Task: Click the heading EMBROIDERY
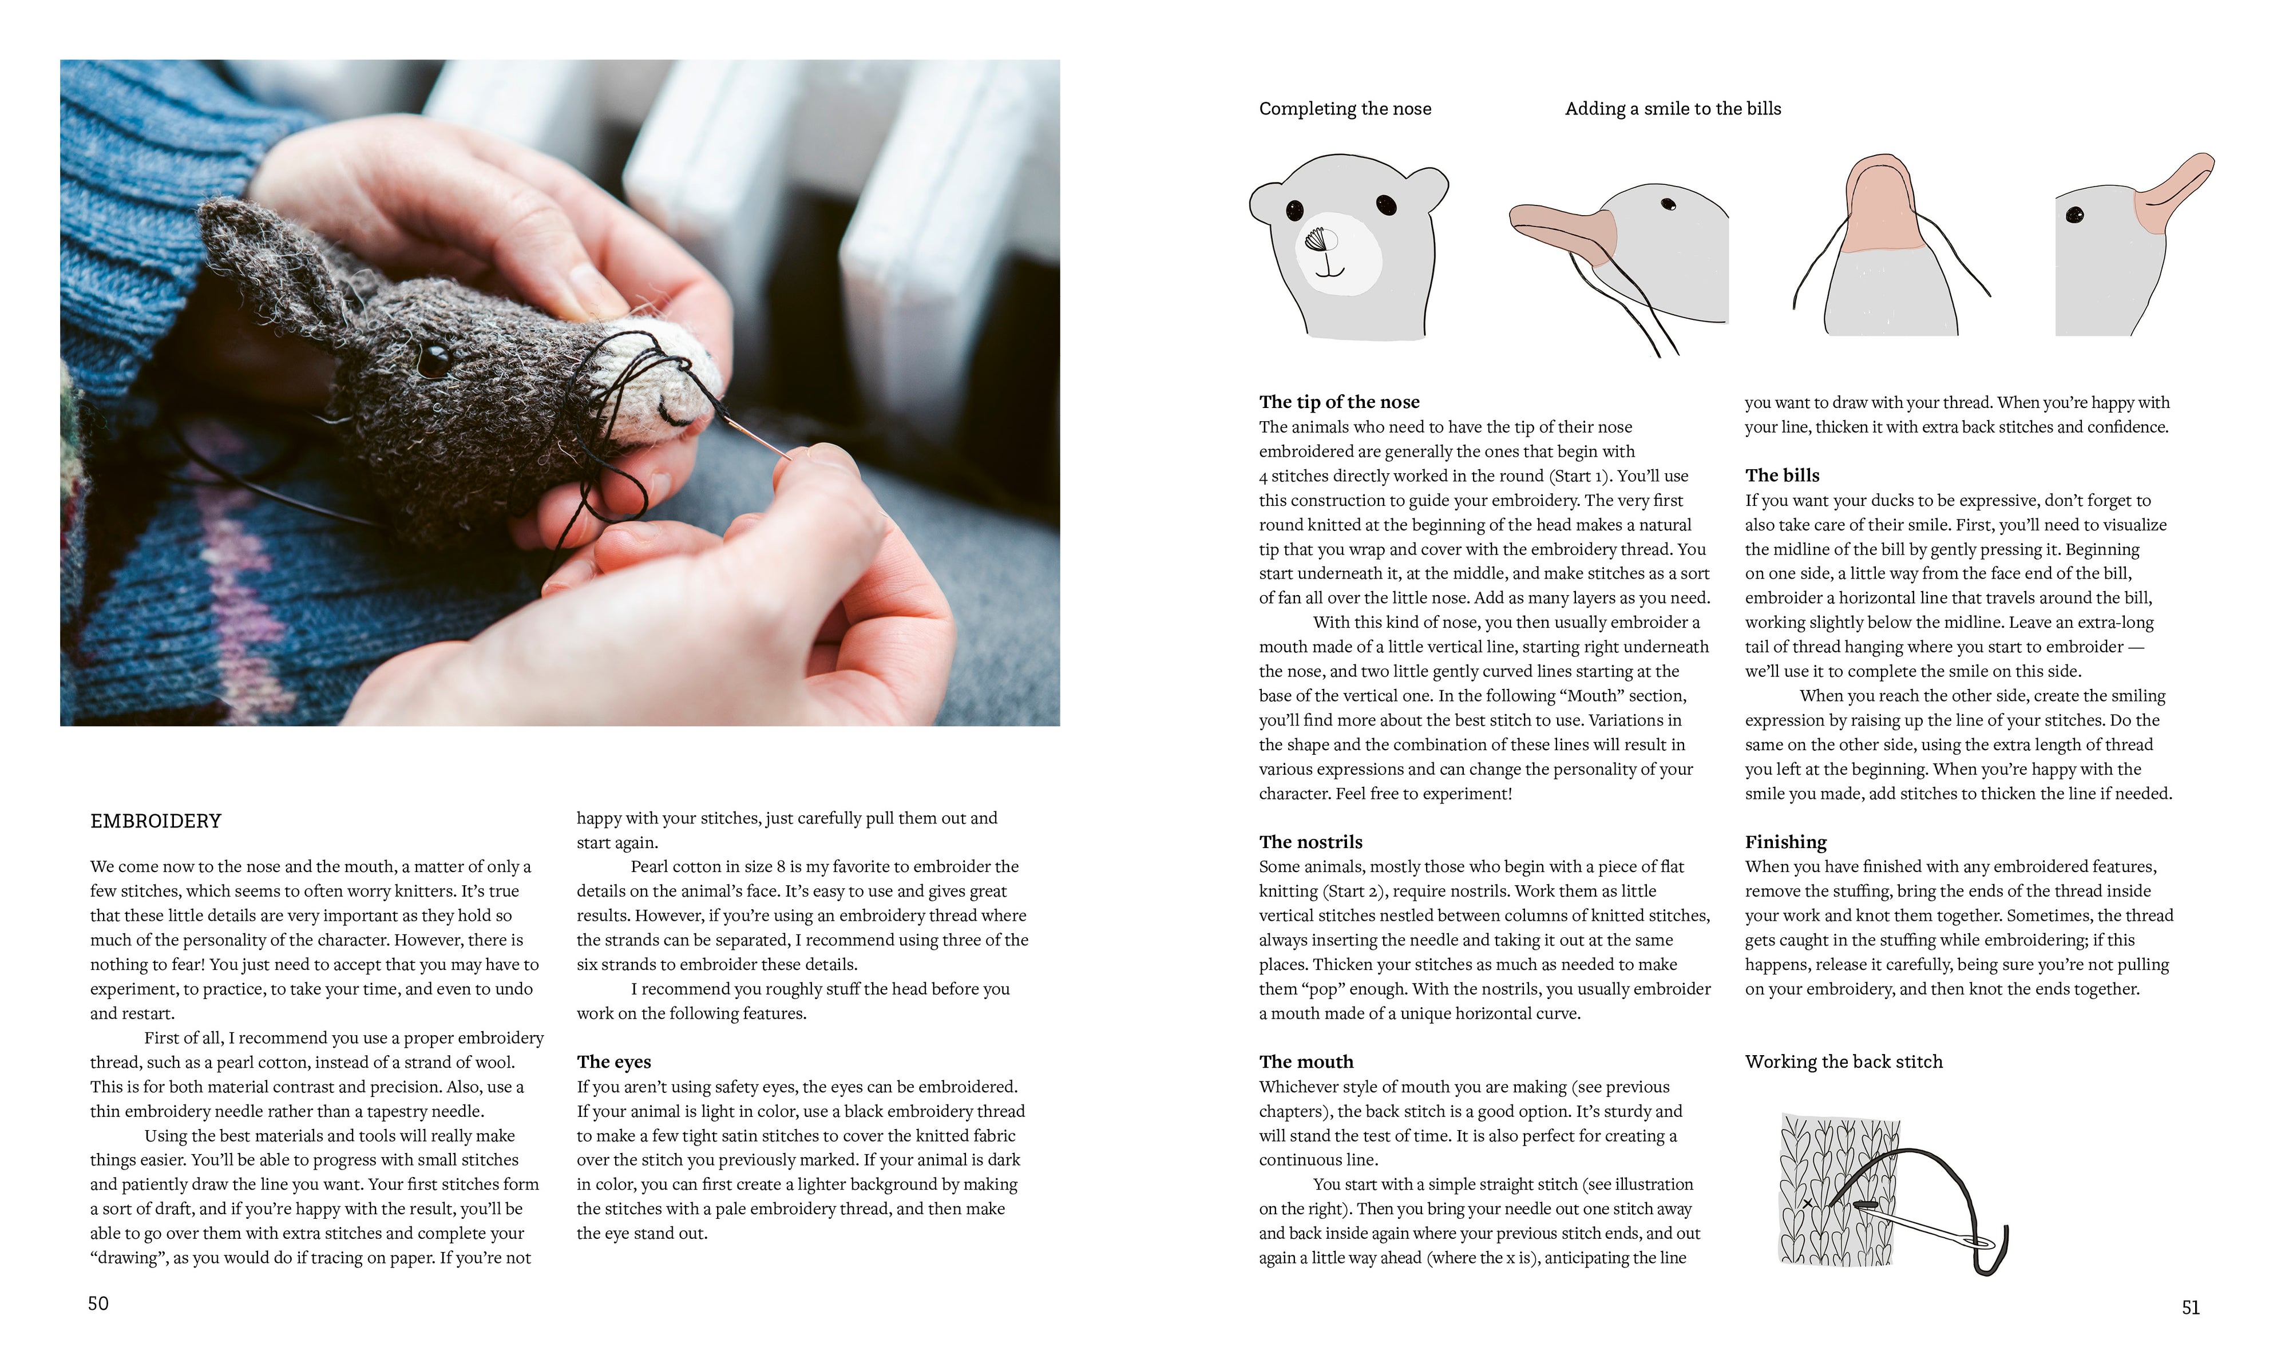click(x=156, y=821)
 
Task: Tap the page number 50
click(x=98, y=1303)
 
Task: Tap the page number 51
click(x=2191, y=1308)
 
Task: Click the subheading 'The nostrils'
click(x=1310, y=842)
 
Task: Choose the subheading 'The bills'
click(x=1781, y=475)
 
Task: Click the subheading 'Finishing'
click(x=1785, y=842)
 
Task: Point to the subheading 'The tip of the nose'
click(x=1338, y=402)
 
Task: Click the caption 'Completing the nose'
click(x=1345, y=109)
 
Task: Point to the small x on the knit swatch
click(x=1807, y=1203)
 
